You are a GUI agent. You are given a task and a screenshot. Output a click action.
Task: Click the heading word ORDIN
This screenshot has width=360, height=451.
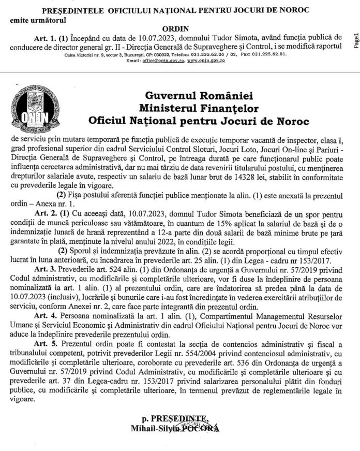pyautogui.click(x=180, y=30)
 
